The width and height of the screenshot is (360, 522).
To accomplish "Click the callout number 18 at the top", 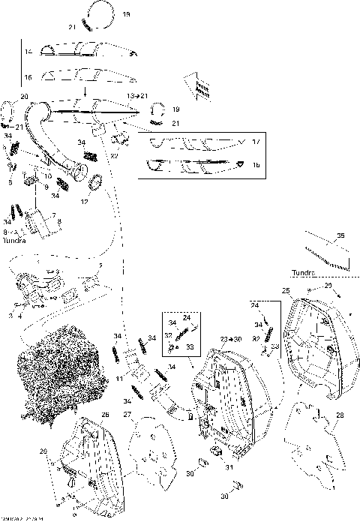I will (125, 14).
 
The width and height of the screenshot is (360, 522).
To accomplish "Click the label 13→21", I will (137, 97).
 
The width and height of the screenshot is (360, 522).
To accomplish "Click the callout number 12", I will (84, 201).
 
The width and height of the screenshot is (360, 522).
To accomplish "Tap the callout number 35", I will (340, 236).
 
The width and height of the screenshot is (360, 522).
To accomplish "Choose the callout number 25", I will (285, 290).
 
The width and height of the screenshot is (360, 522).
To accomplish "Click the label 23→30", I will (230, 340).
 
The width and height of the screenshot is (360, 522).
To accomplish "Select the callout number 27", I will (127, 415).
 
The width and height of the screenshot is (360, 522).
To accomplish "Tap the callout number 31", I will (229, 467).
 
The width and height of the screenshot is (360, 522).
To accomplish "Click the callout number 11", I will (118, 380).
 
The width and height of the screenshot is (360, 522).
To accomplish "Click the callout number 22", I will (115, 156).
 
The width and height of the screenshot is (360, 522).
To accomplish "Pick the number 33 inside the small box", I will (190, 347).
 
